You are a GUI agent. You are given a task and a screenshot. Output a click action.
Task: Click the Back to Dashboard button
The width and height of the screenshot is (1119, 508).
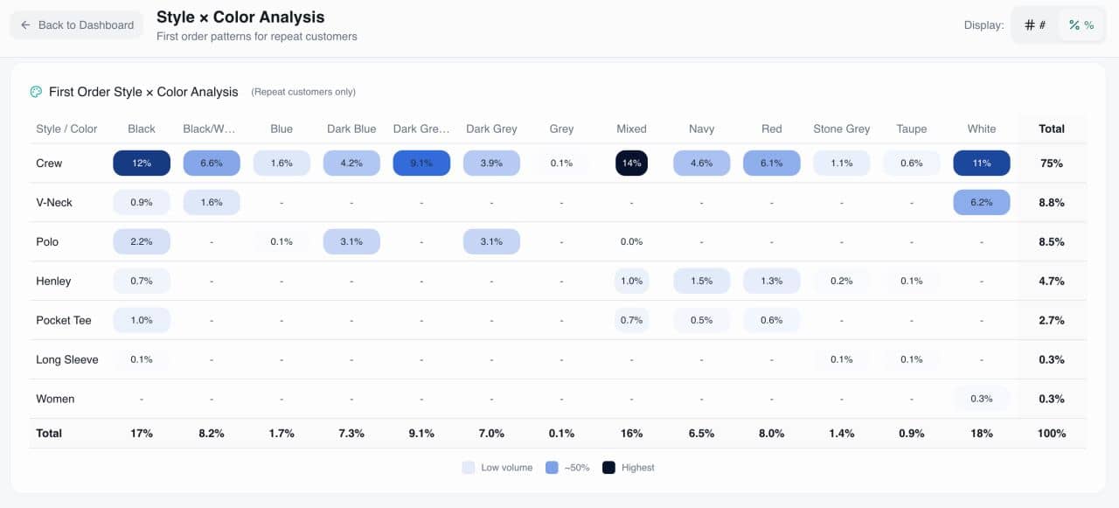coord(77,25)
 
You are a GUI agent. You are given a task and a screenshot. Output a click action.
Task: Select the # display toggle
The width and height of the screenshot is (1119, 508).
coord(1035,25)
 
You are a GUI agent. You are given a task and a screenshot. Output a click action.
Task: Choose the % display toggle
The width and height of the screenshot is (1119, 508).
coord(1081,25)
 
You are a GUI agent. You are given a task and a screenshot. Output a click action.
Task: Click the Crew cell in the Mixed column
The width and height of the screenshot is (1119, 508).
coord(631,164)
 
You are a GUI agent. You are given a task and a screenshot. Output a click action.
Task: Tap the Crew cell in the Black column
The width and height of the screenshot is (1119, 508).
coord(142,164)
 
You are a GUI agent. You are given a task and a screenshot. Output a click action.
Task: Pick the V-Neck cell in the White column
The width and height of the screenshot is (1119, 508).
coord(982,203)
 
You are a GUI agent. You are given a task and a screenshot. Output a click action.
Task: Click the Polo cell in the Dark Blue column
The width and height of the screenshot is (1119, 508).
coord(351,242)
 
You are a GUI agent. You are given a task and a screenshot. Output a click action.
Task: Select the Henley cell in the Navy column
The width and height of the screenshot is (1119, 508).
coord(701,282)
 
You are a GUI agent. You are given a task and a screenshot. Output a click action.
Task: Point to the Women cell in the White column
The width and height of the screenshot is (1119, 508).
coord(982,400)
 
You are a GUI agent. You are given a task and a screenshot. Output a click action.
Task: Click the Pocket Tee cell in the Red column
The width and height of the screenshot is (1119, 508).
coord(771,321)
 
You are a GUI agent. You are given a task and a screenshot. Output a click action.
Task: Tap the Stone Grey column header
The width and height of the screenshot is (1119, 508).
coord(841,129)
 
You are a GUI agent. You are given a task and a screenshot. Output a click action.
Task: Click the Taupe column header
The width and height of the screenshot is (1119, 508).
coord(911,129)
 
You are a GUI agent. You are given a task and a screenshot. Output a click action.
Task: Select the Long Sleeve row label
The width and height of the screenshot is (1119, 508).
coord(67,360)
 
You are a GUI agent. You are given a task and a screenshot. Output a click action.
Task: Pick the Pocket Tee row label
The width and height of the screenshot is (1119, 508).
coord(64,321)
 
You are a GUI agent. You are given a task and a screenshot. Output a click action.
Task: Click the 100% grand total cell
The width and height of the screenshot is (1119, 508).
coord(1052,434)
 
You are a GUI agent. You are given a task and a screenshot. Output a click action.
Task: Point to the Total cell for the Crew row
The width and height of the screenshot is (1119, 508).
coord(1052,164)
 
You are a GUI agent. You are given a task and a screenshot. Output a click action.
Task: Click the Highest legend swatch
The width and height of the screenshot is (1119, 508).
coord(608,468)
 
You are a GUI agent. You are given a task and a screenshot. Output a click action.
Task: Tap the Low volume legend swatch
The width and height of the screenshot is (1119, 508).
coord(469,468)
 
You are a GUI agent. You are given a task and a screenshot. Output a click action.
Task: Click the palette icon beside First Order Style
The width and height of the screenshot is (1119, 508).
coord(36,92)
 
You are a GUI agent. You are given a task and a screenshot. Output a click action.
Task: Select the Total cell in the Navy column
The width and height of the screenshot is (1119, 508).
coord(701,434)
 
